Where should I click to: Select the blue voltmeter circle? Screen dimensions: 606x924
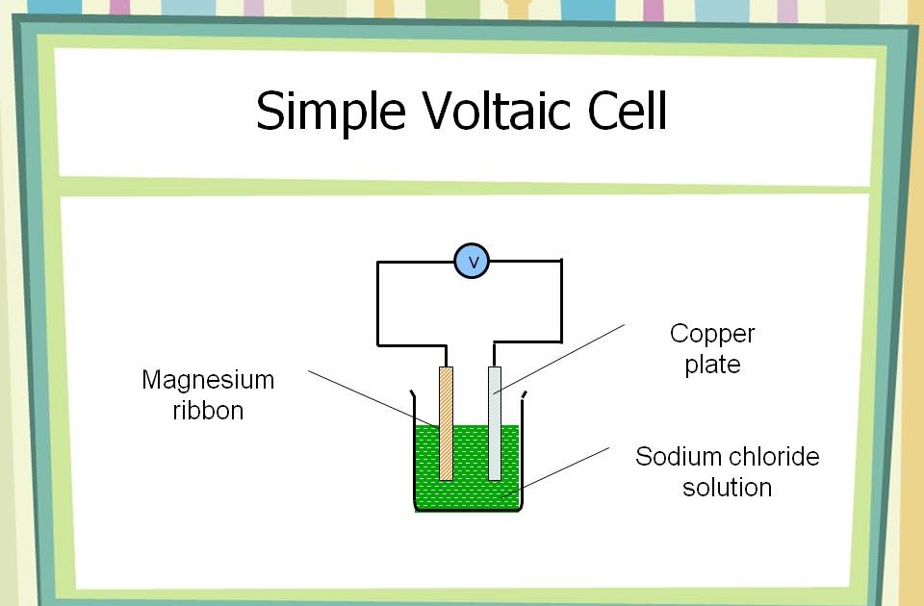tap(472, 261)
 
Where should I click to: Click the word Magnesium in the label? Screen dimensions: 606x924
tap(208, 381)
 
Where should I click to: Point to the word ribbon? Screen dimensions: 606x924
tap(208, 411)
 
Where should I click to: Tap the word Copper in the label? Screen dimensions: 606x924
tap(712, 335)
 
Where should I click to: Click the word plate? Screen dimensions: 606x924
tap(712, 366)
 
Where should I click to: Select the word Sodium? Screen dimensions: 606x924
tap(673, 456)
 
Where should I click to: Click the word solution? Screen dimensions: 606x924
tap(727, 487)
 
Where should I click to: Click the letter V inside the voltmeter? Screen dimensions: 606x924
tap(472, 261)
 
